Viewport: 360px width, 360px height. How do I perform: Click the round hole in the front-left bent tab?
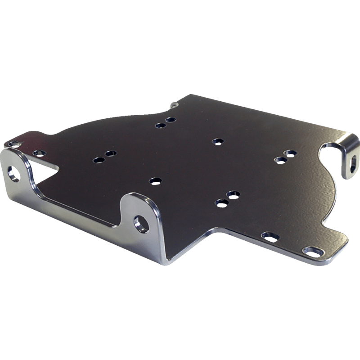(14, 173)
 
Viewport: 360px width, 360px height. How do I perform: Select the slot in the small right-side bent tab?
(352, 161)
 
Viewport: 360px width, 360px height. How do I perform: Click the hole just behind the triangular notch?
(39, 153)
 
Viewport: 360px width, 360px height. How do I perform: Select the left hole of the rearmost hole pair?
(159, 126)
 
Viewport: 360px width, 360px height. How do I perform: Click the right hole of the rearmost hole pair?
(170, 120)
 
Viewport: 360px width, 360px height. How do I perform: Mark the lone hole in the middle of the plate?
(217, 141)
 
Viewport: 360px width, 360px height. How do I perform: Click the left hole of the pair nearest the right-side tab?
(280, 159)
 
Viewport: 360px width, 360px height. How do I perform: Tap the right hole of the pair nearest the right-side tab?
(291, 153)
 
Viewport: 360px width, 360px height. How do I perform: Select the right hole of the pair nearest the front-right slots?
(233, 195)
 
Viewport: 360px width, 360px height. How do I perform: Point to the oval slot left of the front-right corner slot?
(270, 235)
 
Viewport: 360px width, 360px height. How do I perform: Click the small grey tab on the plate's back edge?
(175, 104)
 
